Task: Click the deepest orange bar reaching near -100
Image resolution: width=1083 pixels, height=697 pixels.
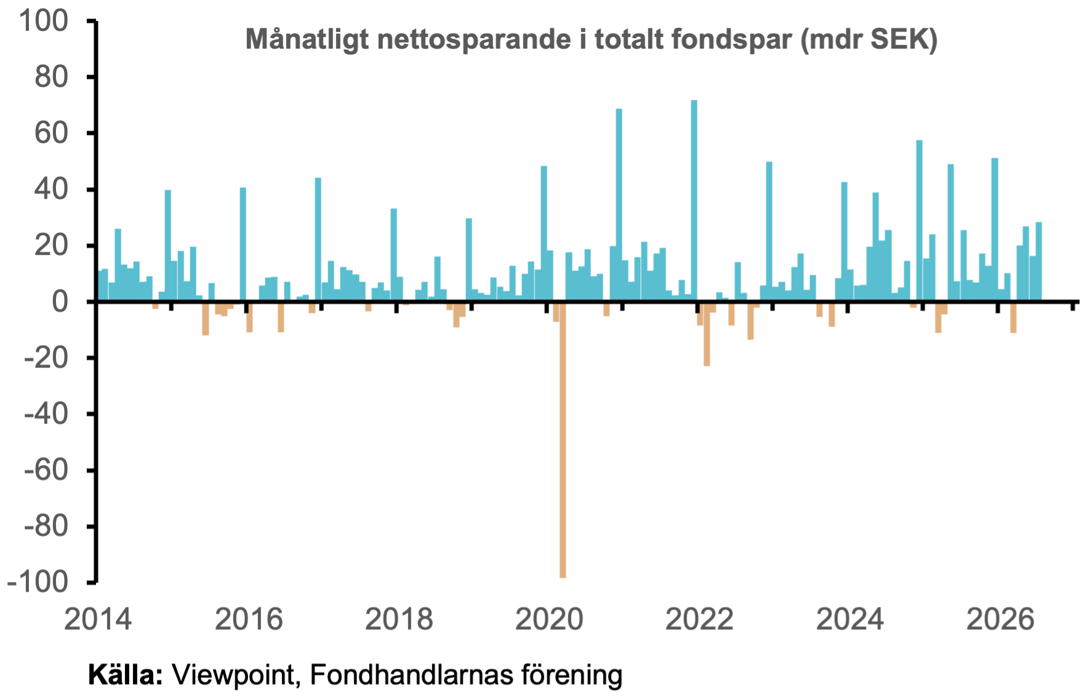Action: coord(562,440)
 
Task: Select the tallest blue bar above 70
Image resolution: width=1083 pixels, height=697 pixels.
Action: coord(694,201)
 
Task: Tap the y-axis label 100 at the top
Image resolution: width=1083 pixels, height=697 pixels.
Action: coord(44,21)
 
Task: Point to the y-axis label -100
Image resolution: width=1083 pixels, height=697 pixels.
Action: coord(38,582)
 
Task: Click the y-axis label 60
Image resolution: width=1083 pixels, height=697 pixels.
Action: coord(51,133)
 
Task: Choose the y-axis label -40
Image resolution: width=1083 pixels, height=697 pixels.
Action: coord(46,414)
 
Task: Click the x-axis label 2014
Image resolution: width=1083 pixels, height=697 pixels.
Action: coord(98,619)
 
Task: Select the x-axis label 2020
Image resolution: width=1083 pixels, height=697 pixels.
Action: coord(549,619)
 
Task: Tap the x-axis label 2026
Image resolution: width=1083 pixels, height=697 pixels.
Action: coord(1000,619)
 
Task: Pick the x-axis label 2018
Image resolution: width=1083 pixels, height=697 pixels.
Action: coord(399,619)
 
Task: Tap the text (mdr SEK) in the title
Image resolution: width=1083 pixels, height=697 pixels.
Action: coord(869,40)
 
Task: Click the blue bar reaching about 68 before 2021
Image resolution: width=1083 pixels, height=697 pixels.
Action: coord(619,205)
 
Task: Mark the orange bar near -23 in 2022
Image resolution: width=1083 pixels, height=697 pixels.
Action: coord(707,334)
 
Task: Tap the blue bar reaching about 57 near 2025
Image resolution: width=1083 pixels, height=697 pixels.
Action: coord(919,221)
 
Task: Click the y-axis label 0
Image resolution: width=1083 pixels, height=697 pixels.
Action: coord(60,302)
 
